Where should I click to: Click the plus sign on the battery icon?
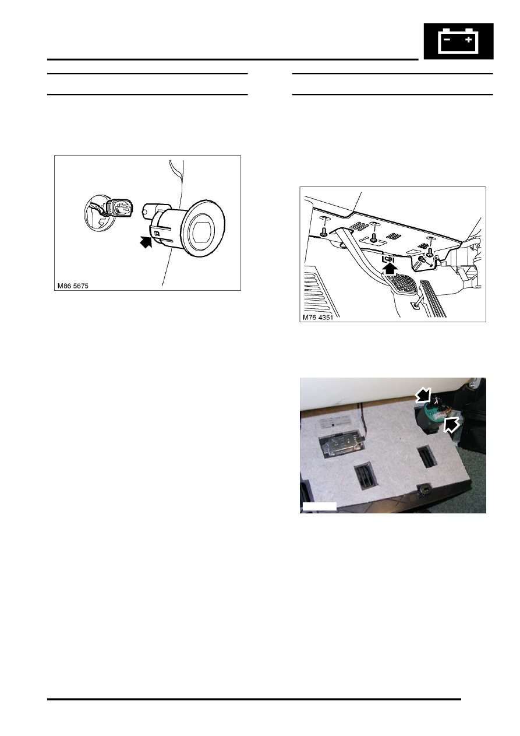(x=468, y=40)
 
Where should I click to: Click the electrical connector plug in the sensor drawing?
(x=121, y=210)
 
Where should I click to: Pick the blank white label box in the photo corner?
(x=320, y=506)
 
